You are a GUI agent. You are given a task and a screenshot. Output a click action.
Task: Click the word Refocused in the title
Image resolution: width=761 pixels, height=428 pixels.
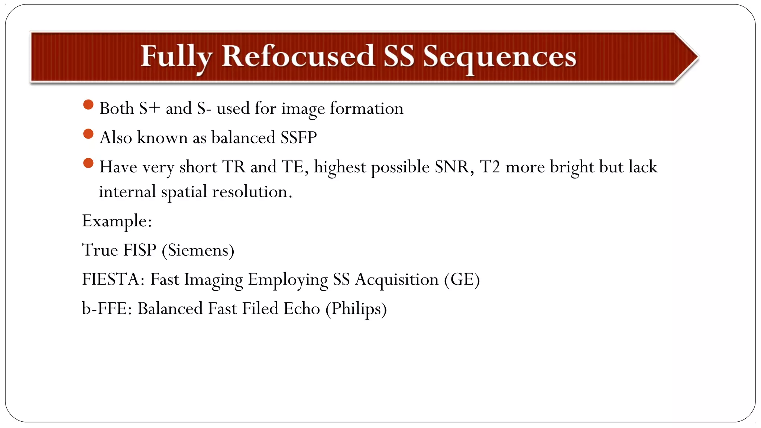298,57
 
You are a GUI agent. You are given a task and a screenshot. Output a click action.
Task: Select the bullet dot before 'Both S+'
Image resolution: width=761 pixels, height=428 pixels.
88,105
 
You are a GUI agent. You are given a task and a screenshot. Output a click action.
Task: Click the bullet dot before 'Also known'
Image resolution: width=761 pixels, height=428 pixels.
88,134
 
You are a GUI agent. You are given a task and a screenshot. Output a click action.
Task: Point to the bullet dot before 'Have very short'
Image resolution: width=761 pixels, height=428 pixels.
88,163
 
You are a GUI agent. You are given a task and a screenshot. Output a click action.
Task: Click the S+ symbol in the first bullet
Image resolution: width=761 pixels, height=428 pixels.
149,108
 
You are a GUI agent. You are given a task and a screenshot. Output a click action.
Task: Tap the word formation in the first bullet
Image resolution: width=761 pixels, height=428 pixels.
366,108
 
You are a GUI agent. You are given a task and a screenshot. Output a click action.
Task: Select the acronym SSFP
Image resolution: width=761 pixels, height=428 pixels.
299,138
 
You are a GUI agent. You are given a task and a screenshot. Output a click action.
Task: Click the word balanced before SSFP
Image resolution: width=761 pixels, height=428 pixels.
243,138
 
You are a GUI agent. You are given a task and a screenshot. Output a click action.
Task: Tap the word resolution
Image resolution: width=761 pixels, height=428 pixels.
252,192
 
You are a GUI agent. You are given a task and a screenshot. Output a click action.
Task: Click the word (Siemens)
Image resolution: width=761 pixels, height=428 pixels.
198,250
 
